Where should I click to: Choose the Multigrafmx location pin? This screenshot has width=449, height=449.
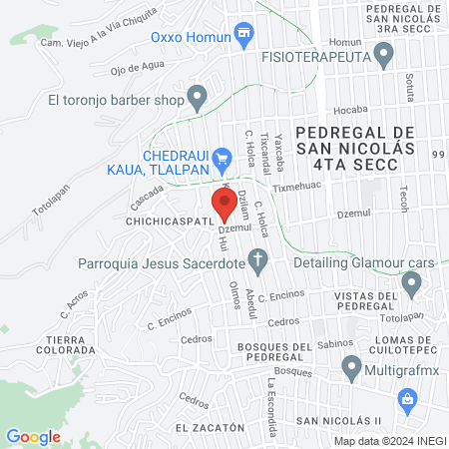(351, 370)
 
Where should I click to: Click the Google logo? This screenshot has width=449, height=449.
(33, 436)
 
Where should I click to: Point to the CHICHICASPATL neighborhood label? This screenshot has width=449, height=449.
(173, 219)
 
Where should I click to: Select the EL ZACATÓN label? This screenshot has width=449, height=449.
(210, 427)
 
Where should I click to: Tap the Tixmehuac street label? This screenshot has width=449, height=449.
(298, 186)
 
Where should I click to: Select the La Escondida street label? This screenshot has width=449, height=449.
(270, 397)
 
